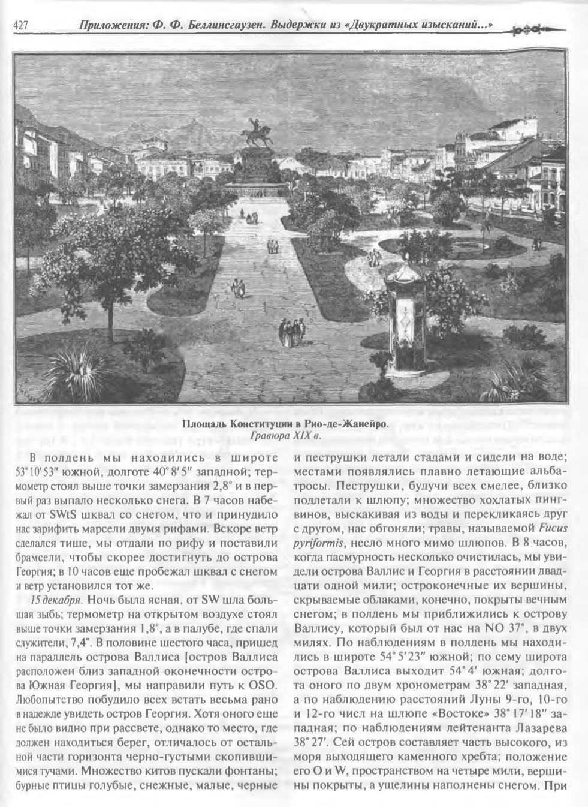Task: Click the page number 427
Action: point(21,26)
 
